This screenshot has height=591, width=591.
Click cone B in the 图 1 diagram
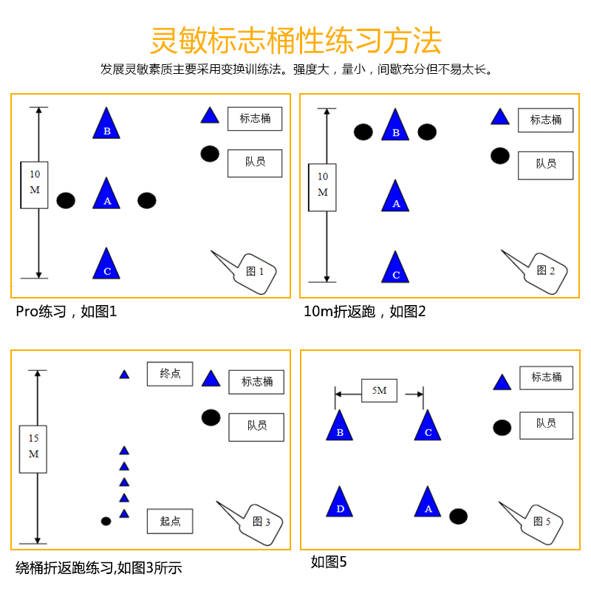[x=106, y=126]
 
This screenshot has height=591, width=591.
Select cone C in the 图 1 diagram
[x=106, y=265]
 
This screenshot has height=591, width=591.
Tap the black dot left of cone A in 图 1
[x=66, y=200]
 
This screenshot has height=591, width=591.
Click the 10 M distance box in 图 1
[x=35, y=185]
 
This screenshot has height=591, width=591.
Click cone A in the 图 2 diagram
[x=396, y=198]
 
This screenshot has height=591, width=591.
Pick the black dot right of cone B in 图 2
[x=427, y=131]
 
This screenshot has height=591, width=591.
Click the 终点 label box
[x=170, y=374]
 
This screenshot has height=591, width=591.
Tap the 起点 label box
[x=170, y=521]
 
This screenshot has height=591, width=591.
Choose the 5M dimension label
[x=379, y=391]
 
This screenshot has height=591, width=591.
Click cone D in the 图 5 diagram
[x=340, y=504]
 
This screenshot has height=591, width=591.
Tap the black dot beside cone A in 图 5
[x=458, y=516]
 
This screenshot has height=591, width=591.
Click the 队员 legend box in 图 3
[x=256, y=426]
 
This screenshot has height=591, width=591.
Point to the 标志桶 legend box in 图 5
[x=547, y=378]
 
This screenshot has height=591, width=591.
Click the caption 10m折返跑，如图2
[x=365, y=311]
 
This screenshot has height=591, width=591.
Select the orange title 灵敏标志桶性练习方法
[x=295, y=41]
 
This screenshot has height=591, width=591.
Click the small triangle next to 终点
[x=125, y=374]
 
